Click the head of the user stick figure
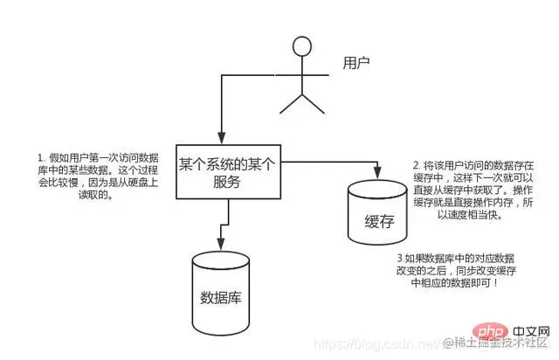(x=302, y=47)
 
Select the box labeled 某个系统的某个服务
(x=228, y=172)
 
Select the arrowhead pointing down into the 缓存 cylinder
(x=378, y=170)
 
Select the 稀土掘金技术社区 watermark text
(x=498, y=344)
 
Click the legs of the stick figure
(x=301, y=102)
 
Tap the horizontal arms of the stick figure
(x=301, y=76)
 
